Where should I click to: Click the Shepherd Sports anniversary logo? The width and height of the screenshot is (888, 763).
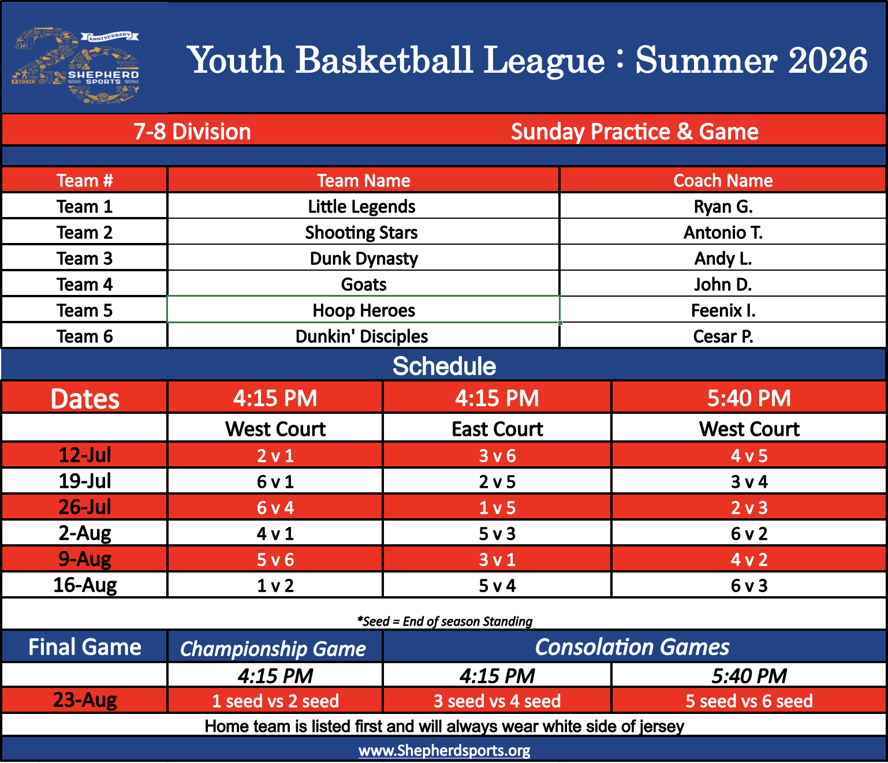[75, 66]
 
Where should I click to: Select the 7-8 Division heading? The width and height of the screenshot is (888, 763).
[192, 132]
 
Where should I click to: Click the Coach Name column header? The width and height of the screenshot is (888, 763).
[723, 180]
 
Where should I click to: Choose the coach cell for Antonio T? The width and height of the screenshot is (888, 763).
[723, 232]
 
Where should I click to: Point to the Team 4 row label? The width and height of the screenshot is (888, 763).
[85, 284]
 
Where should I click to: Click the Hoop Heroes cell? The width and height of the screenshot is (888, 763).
[363, 310]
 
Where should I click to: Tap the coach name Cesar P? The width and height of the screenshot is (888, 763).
[723, 336]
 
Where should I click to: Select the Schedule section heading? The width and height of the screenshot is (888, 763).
[444, 366]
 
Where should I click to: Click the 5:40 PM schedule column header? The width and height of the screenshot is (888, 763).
[749, 398]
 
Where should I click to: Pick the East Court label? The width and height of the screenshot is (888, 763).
[497, 429]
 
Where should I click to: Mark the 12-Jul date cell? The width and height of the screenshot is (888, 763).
[85, 455]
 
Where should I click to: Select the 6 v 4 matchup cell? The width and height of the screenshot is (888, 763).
[275, 507]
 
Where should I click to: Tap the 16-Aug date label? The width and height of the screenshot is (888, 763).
[85, 585]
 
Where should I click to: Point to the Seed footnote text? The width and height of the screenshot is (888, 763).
[444, 621]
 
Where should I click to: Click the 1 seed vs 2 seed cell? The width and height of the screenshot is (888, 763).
[275, 701]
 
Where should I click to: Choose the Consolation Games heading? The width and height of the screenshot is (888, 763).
[632, 647]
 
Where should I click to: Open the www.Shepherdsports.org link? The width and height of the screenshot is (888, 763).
[444, 750]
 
